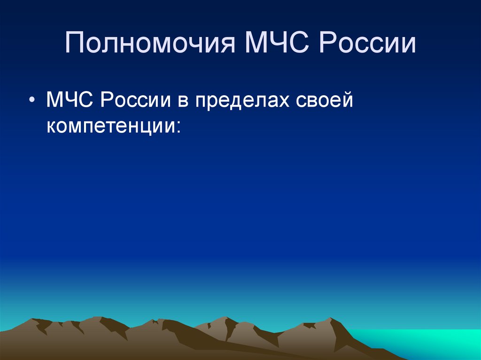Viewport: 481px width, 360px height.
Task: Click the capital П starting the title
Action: click(x=75, y=44)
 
